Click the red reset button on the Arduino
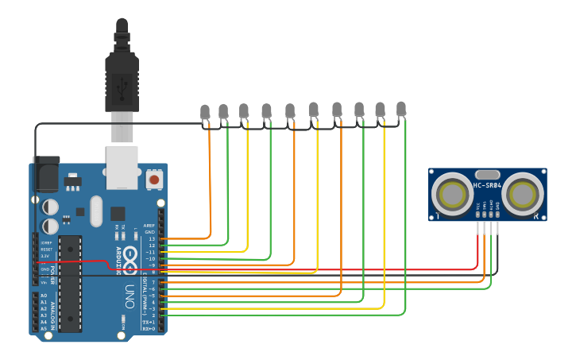pos(153,180)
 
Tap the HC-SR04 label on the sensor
pos(487,186)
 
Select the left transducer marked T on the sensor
pos(453,194)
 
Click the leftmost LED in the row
pos(205,112)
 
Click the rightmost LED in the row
pos(401,108)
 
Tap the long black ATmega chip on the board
pos(70,283)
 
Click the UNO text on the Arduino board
pos(128,296)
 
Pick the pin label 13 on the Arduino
pos(152,238)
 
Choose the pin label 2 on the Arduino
pos(153,315)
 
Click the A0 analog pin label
pos(43,296)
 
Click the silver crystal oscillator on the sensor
pos(487,174)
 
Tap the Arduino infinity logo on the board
pos(129,259)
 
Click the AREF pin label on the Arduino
pos(149,226)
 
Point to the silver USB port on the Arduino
pos(122,167)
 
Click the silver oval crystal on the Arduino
pos(96,211)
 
